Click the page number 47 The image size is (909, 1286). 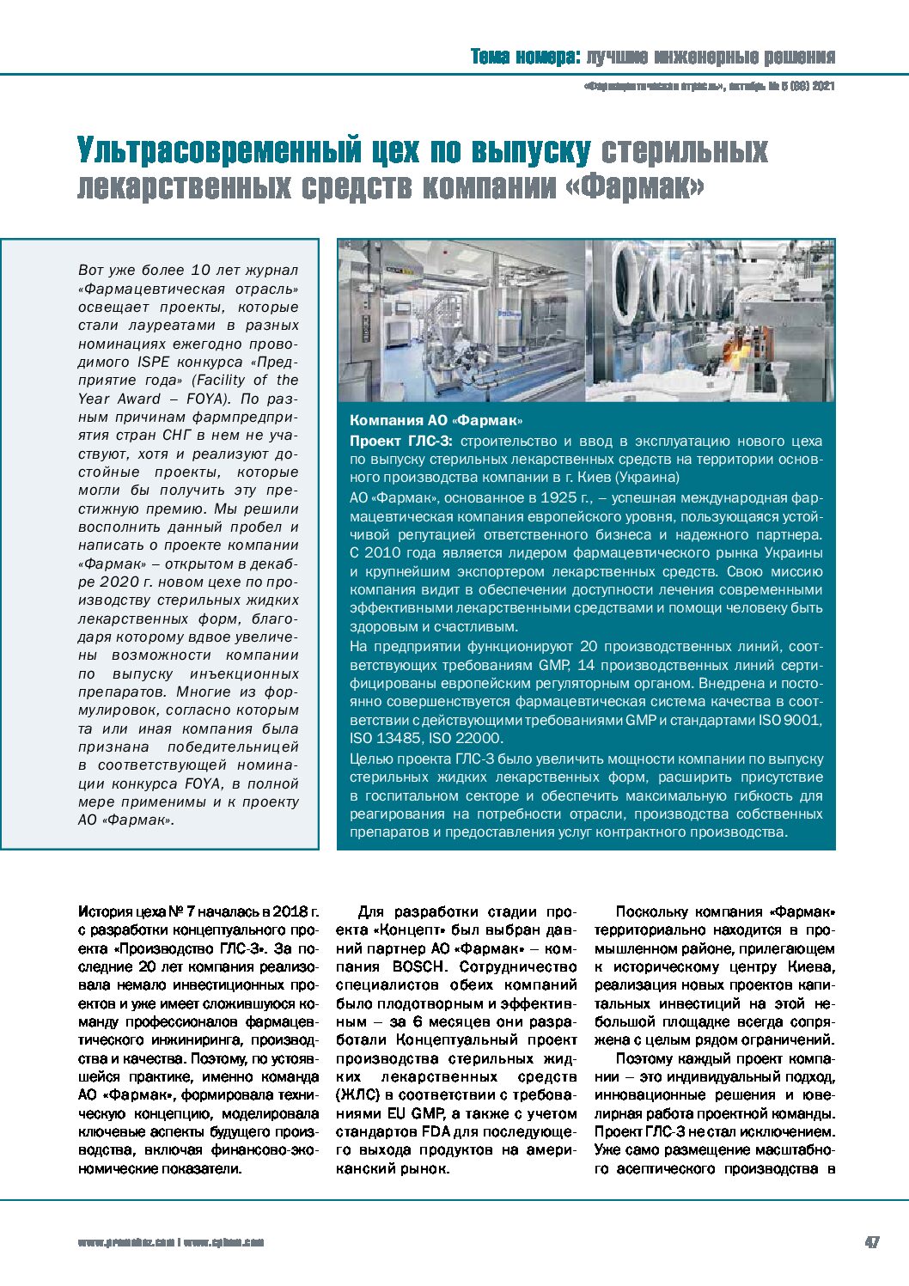[x=871, y=1242]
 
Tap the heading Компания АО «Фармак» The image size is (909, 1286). [x=436, y=420]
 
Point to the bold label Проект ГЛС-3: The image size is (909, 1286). [x=402, y=441]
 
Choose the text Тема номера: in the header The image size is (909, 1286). [x=524, y=57]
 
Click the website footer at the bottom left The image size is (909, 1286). [x=171, y=1242]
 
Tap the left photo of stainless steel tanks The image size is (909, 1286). [x=462, y=320]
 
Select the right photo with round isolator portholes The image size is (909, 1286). [x=710, y=320]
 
